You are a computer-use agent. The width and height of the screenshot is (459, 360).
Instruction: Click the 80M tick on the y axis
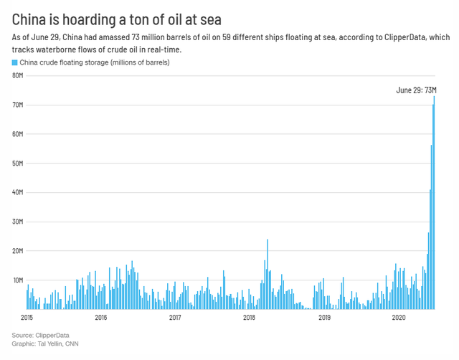click(19, 76)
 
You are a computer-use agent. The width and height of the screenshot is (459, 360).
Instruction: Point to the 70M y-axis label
click(19, 105)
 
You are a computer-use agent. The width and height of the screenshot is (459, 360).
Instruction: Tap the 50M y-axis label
click(19, 164)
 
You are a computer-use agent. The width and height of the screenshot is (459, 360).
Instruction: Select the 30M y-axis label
click(19, 222)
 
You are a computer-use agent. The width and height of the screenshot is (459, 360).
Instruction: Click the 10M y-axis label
click(19, 280)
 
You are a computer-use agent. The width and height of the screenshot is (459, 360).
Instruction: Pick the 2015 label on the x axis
click(28, 316)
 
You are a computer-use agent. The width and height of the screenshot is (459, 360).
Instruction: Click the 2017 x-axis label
click(175, 316)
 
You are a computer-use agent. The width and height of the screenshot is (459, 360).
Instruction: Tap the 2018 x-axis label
click(250, 316)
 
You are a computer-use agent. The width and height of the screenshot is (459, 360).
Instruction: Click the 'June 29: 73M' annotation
click(416, 90)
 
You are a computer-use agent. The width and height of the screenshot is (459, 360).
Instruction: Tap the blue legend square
click(15, 63)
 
